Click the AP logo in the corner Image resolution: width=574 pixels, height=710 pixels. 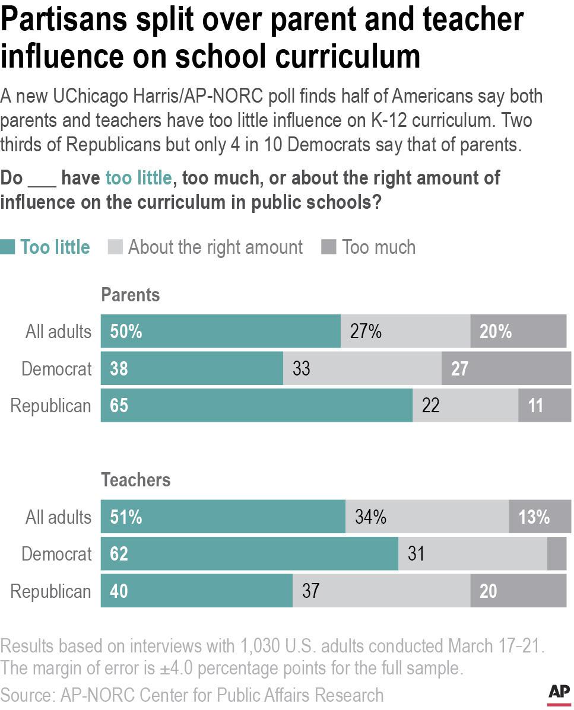(558, 693)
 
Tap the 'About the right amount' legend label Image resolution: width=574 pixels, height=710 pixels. (215, 247)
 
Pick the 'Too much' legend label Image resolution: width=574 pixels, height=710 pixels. (378, 247)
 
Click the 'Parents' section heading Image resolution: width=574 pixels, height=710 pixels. (131, 295)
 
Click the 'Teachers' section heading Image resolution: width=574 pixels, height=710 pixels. (136, 480)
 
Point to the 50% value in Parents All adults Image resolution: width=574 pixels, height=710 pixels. (126, 332)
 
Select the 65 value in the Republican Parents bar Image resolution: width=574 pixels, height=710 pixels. (119, 406)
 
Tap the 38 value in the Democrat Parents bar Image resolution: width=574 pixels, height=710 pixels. (119, 369)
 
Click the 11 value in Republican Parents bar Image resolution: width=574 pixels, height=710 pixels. (535, 406)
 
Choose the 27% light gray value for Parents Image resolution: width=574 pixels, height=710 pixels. (365, 332)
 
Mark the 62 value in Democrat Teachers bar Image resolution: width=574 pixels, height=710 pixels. (119, 554)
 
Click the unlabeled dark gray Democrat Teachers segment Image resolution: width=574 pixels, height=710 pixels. (556, 554)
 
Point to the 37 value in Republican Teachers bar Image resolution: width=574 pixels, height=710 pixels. (310, 591)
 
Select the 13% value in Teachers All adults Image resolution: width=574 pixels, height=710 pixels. (534, 517)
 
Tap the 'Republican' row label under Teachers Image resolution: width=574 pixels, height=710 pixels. (51, 591)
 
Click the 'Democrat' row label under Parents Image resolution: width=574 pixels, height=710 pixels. (56, 369)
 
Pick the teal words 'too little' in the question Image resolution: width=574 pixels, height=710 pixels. (138, 178)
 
